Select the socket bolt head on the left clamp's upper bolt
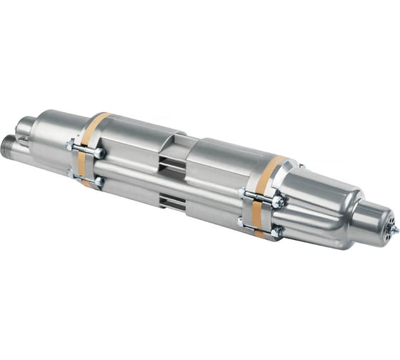click(x=71, y=146)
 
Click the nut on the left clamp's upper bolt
click(x=99, y=153)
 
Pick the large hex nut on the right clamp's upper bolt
click(x=277, y=202)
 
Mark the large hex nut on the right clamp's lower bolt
click(x=276, y=231)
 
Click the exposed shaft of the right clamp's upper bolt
click(x=259, y=197)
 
